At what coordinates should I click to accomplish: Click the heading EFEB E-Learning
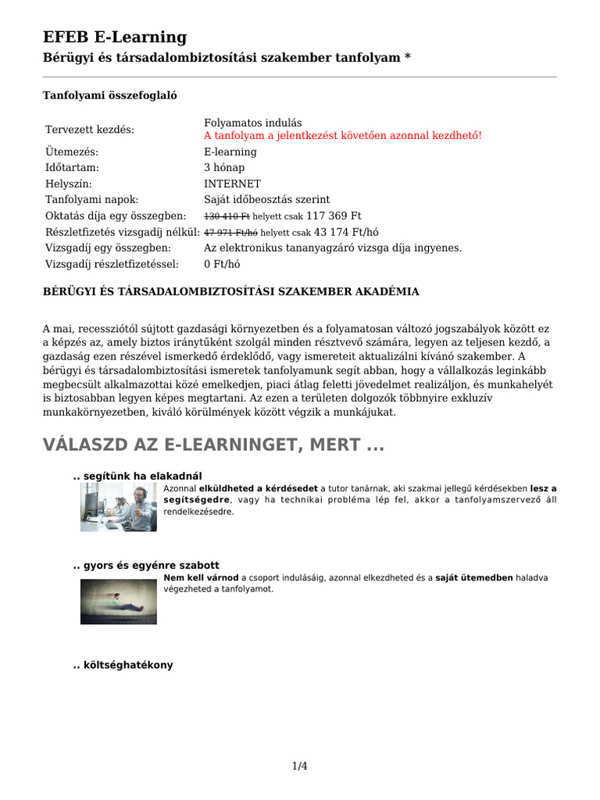point(114,37)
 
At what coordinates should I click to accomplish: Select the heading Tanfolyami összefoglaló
point(110,95)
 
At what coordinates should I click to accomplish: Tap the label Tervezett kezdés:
point(90,129)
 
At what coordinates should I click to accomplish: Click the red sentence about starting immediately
point(343,135)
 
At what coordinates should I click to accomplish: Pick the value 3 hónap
point(224,168)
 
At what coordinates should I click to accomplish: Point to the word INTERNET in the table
point(232,184)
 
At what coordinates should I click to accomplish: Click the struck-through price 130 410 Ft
point(227,216)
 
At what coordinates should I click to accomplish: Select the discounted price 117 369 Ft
point(334,216)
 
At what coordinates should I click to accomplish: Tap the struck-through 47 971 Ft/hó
point(231,232)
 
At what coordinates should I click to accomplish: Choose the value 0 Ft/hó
point(222,264)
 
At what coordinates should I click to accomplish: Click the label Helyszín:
point(69,184)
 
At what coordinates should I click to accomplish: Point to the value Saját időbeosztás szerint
point(266,200)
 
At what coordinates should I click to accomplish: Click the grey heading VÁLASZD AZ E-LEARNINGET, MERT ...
point(213,445)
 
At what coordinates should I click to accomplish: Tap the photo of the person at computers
point(118,507)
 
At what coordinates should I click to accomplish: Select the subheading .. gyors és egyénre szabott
point(146,565)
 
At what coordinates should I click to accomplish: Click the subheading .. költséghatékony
point(123,665)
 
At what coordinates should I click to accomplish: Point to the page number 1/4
point(299,766)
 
